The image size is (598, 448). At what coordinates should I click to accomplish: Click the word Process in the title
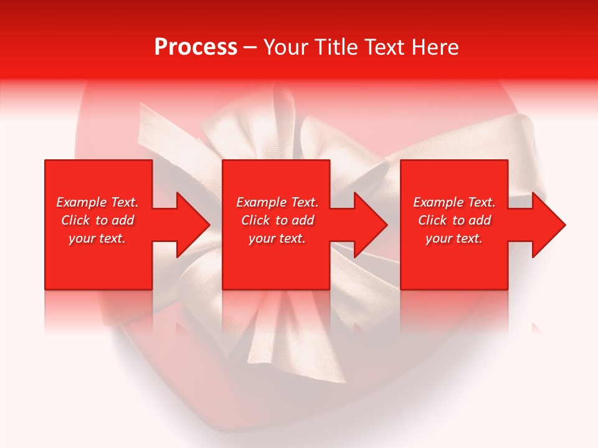[x=196, y=47]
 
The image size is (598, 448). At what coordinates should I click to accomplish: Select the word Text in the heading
[x=384, y=47]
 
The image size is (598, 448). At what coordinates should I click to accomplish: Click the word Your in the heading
[x=285, y=47]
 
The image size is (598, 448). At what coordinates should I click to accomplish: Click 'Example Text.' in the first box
[x=98, y=202]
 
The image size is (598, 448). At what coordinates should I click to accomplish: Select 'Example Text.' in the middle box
[x=277, y=202]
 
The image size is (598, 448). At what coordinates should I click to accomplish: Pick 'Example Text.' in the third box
[x=454, y=202]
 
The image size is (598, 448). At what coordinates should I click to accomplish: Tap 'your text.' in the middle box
[x=277, y=238]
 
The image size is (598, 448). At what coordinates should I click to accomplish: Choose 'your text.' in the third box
[x=453, y=238]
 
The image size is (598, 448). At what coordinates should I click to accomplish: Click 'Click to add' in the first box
[x=98, y=220]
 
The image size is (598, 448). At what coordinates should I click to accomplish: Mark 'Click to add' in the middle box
[x=277, y=220]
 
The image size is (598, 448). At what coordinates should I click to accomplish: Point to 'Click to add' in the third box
[x=454, y=220]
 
